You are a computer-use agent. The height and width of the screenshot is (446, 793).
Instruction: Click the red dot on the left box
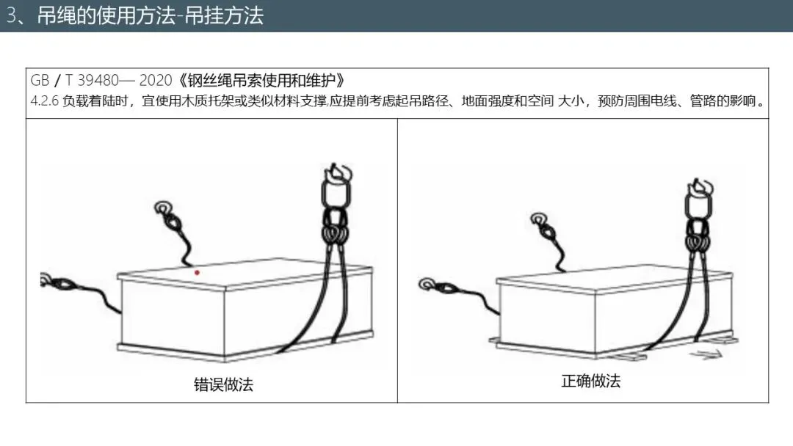tap(197, 273)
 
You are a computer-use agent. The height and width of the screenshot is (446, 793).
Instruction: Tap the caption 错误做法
tap(223, 384)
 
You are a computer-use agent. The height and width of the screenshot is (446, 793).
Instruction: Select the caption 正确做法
tap(590, 380)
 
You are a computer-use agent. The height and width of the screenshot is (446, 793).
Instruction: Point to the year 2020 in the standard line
tap(155, 80)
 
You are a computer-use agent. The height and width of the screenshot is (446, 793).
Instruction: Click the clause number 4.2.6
tap(45, 101)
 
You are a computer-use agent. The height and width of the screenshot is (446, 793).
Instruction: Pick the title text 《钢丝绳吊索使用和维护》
tap(261, 80)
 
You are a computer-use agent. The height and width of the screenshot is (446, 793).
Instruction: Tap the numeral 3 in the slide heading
tap(11, 15)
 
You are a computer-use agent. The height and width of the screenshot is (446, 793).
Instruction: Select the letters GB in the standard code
tap(40, 80)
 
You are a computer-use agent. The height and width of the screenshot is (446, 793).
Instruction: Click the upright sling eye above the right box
tap(544, 225)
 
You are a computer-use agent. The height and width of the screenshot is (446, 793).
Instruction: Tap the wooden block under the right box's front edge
tap(626, 357)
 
